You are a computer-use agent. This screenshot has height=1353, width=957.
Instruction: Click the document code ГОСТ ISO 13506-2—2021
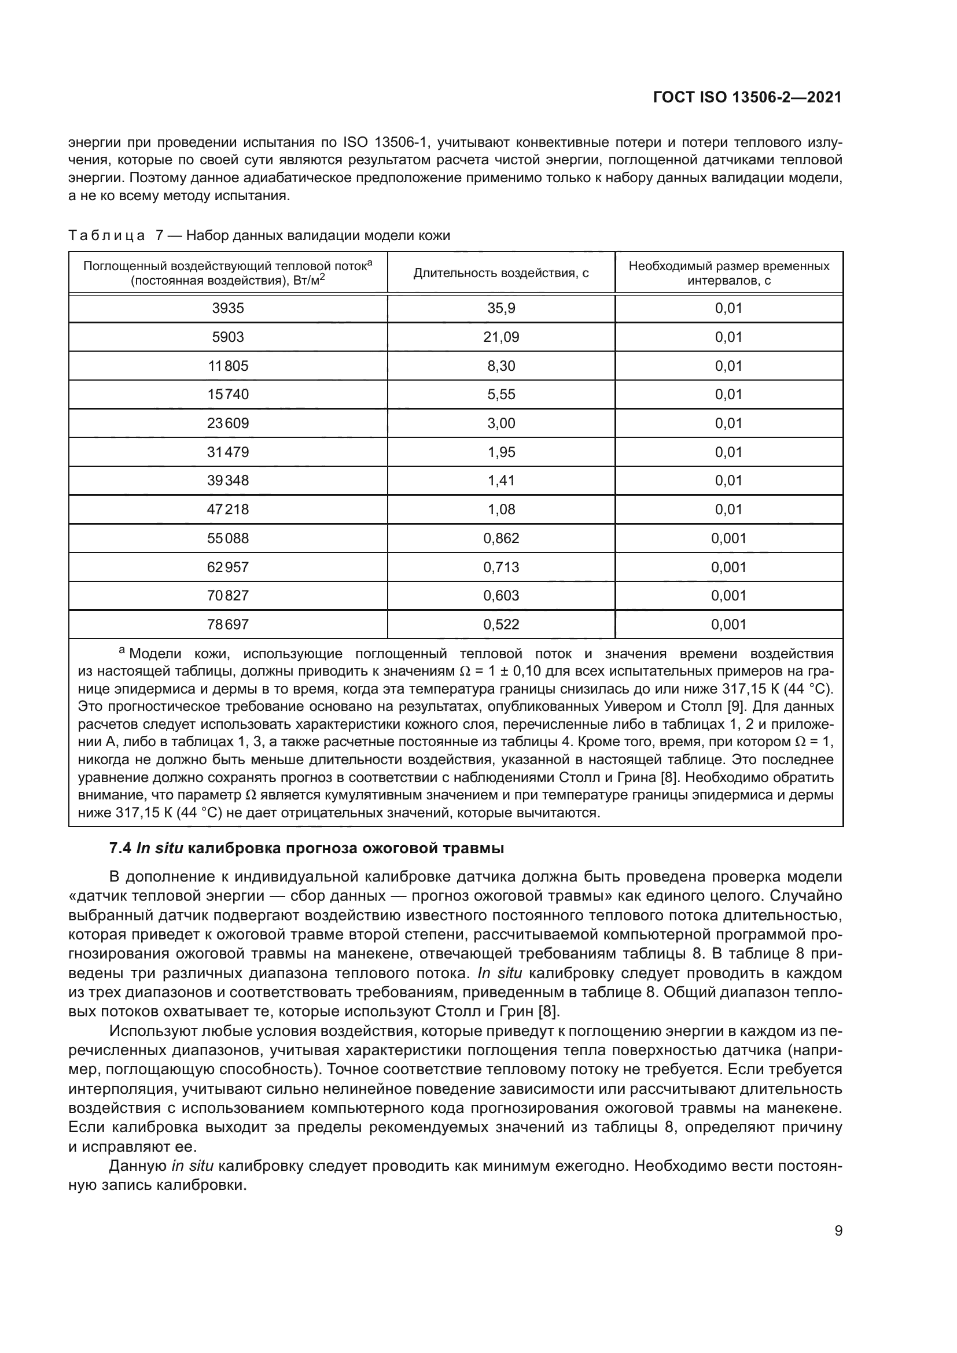click(x=746, y=98)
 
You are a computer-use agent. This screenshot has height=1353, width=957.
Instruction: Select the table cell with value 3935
click(x=227, y=308)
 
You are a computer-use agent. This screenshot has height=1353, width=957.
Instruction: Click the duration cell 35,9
click(x=501, y=308)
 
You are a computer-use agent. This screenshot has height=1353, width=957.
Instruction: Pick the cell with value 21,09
click(x=501, y=337)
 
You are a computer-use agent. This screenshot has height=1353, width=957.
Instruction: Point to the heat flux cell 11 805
click(x=227, y=366)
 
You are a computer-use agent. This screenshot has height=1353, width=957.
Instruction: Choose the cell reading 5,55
click(x=501, y=395)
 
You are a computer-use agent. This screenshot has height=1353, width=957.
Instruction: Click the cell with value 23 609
click(x=227, y=423)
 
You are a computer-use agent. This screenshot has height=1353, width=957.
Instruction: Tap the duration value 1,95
click(x=501, y=452)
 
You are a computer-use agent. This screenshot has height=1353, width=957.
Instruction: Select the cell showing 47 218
click(x=227, y=509)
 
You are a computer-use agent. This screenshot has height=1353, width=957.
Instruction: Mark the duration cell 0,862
click(x=501, y=538)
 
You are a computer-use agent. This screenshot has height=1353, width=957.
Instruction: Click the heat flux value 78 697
click(x=227, y=624)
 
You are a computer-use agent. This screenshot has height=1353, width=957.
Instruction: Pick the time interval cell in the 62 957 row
click(x=728, y=567)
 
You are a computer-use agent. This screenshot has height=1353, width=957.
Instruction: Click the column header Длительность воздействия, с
click(x=501, y=274)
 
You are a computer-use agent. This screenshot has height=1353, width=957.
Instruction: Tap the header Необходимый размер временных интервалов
click(x=728, y=274)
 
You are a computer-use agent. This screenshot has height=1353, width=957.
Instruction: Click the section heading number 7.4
click(x=120, y=849)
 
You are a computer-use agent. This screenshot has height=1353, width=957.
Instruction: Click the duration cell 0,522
click(x=501, y=624)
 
